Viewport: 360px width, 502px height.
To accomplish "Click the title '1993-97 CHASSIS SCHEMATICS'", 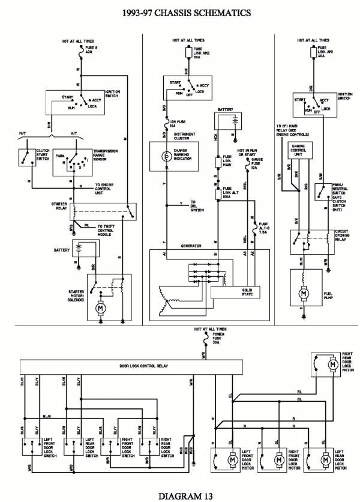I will click(179, 11).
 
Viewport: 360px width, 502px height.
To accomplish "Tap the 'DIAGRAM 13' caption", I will click(179, 495).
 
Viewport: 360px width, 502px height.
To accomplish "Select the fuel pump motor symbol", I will click(304, 293).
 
